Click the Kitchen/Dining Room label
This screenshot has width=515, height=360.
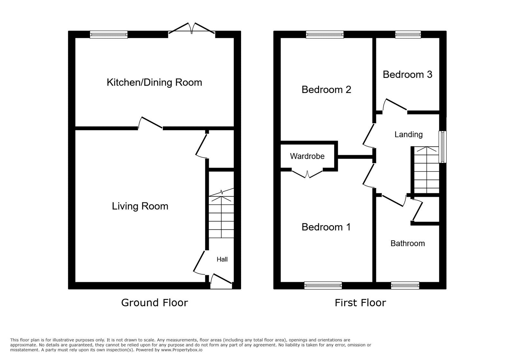154,82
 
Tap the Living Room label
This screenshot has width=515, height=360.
140,206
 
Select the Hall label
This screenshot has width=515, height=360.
222,259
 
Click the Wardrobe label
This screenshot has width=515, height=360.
307,156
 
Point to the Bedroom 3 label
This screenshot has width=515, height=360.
407,75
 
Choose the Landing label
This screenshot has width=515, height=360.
408,134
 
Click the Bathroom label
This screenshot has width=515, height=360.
407,244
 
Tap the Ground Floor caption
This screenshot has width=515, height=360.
154,303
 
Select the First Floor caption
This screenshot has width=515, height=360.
360,303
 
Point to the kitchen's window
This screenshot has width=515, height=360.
108,34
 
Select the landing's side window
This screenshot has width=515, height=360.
443,146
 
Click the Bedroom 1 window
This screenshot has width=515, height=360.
323,285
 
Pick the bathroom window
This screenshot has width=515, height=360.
405,285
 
